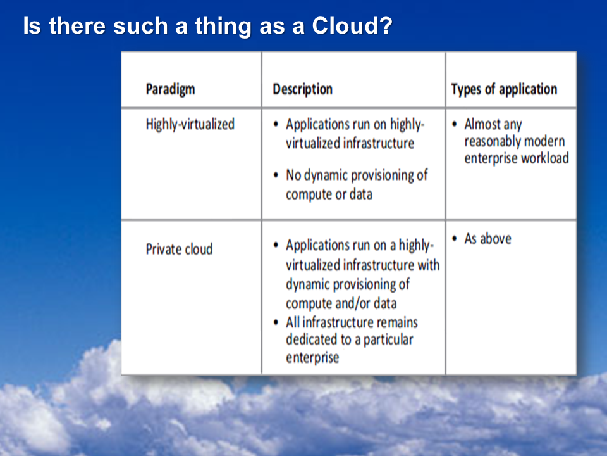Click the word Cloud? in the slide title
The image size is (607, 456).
[352, 25]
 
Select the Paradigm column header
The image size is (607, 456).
[170, 89]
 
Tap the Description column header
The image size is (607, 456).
[303, 89]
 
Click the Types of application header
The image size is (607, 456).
[504, 89]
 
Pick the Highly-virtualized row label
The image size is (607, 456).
[190, 125]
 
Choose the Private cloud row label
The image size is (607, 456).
[179, 249]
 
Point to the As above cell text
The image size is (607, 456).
[487, 239]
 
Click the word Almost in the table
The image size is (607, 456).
[482, 124]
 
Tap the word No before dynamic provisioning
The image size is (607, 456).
[293, 175]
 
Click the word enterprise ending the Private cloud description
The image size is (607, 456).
[312, 357]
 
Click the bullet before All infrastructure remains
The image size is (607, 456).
[276, 322]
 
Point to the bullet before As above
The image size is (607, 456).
[455, 239]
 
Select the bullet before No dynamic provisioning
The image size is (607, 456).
[276, 175]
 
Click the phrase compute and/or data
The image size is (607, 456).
[341, 303]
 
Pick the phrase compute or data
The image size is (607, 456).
[329, 194]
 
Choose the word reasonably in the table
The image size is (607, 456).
[489, 141]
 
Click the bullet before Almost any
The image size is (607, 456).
[455, 124]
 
